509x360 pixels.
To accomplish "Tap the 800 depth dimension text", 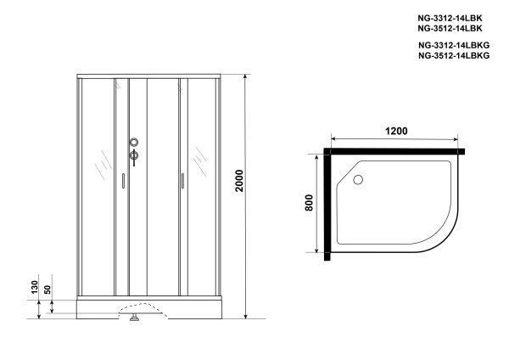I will click(309, 204).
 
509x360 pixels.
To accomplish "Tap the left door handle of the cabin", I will click(123, 180).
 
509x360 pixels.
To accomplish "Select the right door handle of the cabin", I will click(182, 180).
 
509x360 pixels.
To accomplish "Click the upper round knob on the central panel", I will click(133, 143).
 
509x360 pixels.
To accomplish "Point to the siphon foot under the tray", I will click(133, 319).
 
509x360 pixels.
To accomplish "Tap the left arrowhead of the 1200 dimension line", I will click(333, 140).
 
